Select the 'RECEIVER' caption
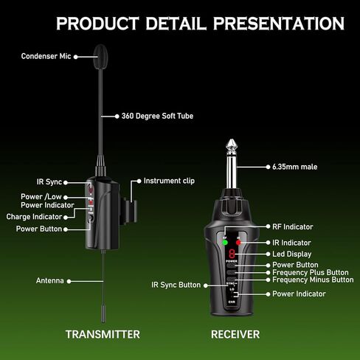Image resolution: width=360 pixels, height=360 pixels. (x=235, y=334)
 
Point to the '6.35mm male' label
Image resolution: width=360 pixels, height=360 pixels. (x=295, y=167)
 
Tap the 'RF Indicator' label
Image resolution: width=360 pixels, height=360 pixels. (x=292, y=226)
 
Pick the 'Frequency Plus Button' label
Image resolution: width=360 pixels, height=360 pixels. (x=310, y=272)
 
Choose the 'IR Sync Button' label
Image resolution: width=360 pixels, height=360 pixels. (x=176, y=284)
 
